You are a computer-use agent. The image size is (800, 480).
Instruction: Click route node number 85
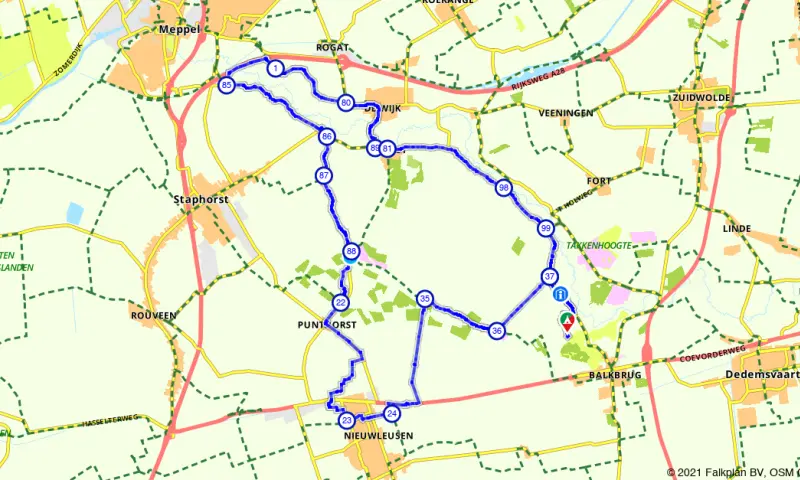pyautogui.click(x=227, y=86)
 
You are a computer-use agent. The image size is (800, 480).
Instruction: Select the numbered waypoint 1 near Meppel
pyautogui.click(x=274, y=67)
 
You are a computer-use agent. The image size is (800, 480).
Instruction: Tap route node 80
pyautogui.click(x=345, y=103)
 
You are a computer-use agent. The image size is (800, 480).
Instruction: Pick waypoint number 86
pyautogui.click(x=326, y=136)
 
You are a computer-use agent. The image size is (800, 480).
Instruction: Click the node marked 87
pyautogui.click(x=323, y=176)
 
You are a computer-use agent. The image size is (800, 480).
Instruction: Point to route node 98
pyautogui.click(x=503, y=188)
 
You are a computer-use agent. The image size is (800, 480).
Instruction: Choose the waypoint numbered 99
pyautogui.click(x=545, y=228)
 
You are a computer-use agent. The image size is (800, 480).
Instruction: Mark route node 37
pyautogui.click(x=549, y=276)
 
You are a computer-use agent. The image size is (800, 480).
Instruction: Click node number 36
pyautogui.click(x=497, y=331)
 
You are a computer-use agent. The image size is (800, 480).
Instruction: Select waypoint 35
pyautogui.click(x=425, y=299)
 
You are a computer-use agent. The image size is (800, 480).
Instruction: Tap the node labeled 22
pyautogui.click(x=341, y=303)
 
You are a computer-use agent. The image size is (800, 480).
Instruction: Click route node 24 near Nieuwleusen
pyautogui.click(x=392, y=413)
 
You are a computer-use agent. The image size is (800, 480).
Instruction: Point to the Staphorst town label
pyautogui.click(x=201, y=199)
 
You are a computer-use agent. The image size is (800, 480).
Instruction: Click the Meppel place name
pyautogui.click(x=180, y=30)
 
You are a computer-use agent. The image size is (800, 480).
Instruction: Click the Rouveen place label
pyautogui.click(x=153, y=315)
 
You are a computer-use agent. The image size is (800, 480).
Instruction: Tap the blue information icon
pyautogui.click(x=559, y=294)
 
